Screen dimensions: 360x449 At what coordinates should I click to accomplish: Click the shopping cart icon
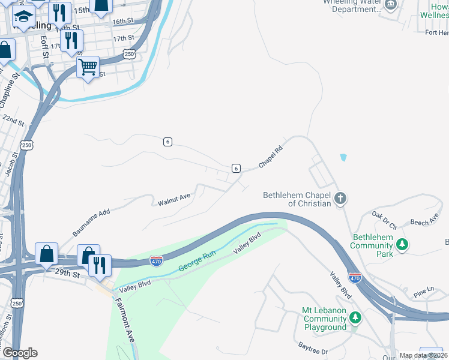(88, 66)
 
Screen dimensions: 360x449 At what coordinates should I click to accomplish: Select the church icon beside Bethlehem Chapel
(340, 198)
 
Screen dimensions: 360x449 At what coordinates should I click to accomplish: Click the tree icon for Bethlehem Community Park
(402, 244)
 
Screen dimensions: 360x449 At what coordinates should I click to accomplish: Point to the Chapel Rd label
(270, 158)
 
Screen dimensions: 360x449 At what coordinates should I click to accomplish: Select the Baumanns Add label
(91, 220)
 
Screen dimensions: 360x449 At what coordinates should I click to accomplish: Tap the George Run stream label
(197, 262)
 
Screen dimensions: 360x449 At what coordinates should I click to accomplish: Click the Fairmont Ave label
(126, 320)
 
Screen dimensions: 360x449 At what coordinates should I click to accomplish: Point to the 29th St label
(68, 274)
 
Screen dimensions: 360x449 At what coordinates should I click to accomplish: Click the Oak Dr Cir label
(384, 220)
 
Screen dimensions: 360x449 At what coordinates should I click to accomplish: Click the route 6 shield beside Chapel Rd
(237, 169)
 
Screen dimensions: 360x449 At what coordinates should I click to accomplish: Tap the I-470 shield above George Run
(155, 260)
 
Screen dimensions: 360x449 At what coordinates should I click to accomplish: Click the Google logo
(19, 353)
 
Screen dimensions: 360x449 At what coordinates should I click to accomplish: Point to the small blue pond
(343, 158)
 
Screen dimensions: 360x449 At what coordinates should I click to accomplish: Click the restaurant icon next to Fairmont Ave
(100, 265)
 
